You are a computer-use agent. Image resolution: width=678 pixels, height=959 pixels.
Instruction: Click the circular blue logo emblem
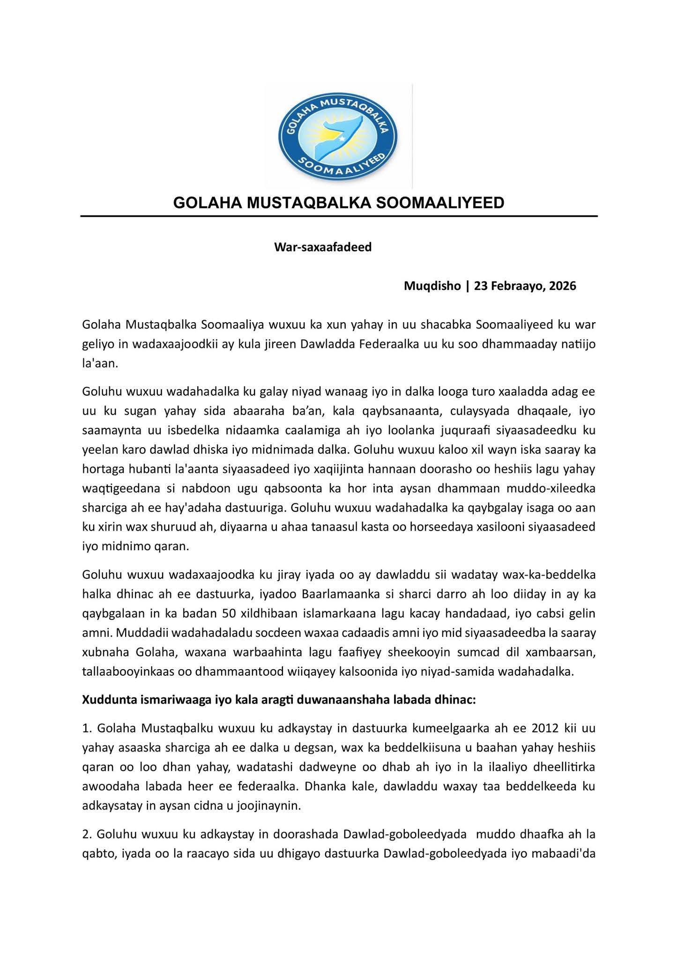point(338,135)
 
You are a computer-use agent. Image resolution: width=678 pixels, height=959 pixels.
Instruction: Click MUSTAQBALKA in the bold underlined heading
point(310,203)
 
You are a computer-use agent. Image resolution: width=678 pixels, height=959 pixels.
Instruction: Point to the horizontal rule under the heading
point(339,216)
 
